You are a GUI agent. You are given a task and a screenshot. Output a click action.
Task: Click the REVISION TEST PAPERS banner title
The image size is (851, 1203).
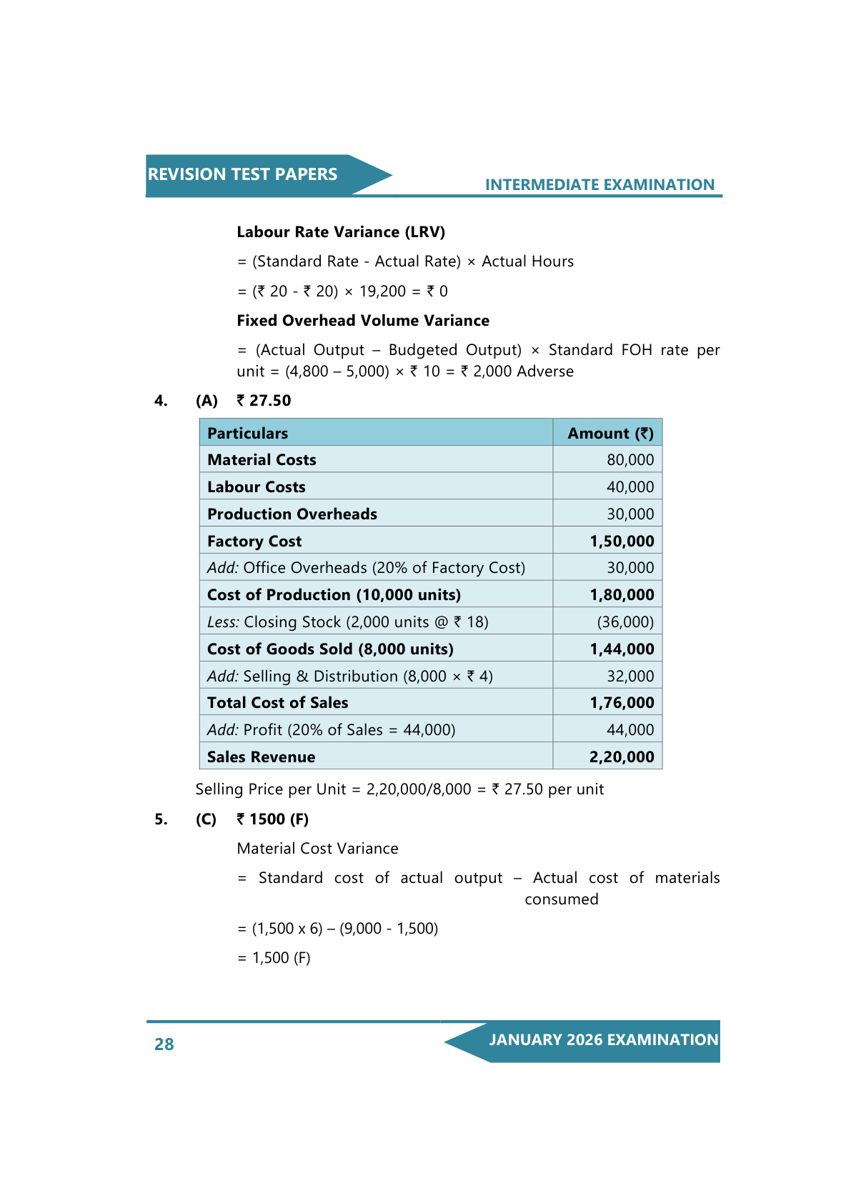(242, 174)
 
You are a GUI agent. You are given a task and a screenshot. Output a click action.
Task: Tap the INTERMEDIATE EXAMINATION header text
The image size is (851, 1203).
(599, 185)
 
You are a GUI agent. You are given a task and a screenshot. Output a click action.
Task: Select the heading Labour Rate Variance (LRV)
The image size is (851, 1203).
(341, 232)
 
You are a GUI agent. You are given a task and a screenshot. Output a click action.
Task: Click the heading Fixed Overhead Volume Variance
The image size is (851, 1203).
(363, 321)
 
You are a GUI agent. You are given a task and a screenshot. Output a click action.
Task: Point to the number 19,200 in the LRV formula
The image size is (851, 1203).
(382, 291)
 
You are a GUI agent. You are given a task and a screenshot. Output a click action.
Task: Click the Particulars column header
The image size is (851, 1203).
(248, 434)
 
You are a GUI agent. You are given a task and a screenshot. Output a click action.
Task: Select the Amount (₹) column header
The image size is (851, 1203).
(610, 434)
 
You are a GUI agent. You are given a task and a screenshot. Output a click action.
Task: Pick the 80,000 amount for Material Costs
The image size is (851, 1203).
(630, 460)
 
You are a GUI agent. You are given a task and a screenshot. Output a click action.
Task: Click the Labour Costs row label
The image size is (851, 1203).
(257, 487)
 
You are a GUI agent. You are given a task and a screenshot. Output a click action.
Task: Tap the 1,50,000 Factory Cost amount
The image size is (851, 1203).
(622, 541)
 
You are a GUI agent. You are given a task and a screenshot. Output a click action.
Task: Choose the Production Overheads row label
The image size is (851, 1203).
(292, 514)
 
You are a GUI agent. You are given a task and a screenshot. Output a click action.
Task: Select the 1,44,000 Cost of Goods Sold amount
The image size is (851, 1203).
(622, 649)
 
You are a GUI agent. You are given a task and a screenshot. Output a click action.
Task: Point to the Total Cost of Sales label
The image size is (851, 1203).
(278, 703)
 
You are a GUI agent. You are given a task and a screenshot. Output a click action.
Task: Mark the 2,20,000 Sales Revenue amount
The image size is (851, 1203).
(622, 757)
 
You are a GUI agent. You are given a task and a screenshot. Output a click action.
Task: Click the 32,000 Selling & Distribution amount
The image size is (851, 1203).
(630, 677)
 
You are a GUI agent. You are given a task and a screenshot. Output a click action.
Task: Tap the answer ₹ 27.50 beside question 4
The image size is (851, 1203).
(264, 401)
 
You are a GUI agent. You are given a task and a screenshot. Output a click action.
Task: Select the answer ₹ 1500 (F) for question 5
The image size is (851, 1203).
(272, 819)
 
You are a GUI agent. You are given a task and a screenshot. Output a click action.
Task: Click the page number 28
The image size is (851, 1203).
(164, 1044)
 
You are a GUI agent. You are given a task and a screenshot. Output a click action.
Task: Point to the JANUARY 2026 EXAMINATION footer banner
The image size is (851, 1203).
(603, 1040)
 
